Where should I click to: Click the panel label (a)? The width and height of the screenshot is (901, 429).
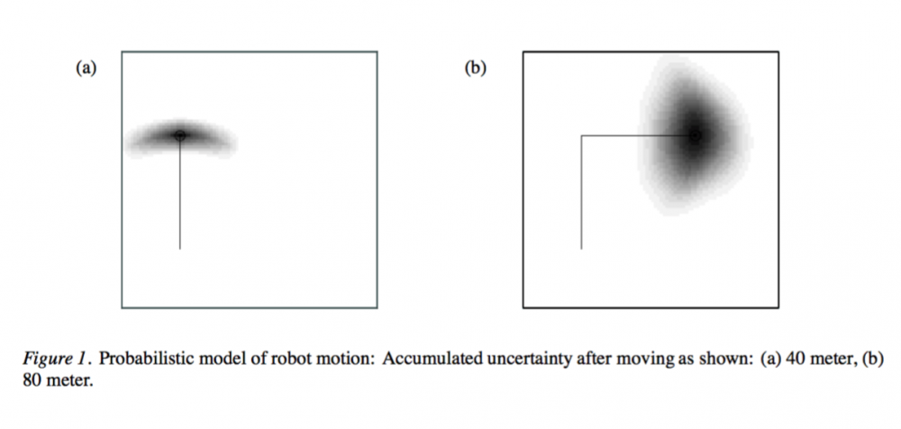[86, 68]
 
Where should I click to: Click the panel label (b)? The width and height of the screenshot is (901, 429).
[475, 68]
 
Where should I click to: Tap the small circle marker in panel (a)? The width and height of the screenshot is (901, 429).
[180, 136]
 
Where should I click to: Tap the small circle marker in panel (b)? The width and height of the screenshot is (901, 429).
[696, 136]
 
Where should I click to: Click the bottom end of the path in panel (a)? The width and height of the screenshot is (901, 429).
[180, 249]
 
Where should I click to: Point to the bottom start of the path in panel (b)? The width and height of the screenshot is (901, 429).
[581, 249]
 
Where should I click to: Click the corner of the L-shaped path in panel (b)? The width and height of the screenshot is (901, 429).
[581, 136]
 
